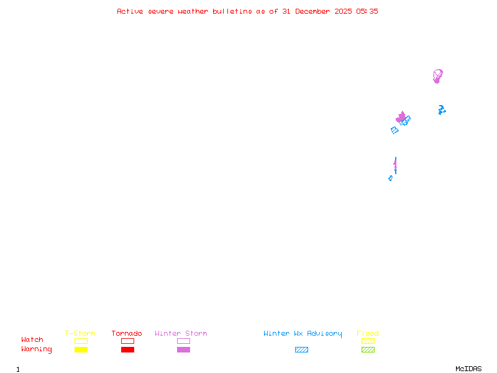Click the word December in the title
312,11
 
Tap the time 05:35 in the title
367,11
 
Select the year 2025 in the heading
343,11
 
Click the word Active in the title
130,11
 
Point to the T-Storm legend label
80,333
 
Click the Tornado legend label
127,333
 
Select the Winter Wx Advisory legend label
303,334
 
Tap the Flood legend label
368,333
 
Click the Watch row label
32,339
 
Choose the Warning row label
37,349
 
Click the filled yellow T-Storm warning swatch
81,349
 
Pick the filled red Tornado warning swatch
128,349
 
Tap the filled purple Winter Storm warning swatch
183,349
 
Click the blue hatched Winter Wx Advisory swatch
301,349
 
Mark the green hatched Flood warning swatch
368,349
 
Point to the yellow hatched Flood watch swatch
368,341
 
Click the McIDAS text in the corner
468,369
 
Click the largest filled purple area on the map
401,117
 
